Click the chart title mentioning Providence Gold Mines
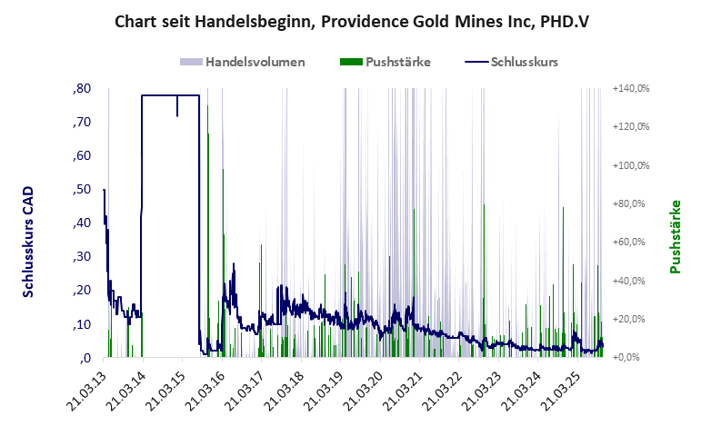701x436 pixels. click(x=350, y=19)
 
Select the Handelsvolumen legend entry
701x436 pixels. click(x=242, y=63)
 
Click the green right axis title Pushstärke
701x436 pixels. click(x=675, y=237)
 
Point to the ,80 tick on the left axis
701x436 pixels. click(x=81, y=89)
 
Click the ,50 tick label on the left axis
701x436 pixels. click(x=81, y=190)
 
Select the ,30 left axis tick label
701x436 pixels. click(x=81, y=257)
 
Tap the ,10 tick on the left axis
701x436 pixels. click(x=81, y=324)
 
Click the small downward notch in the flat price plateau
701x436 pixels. click(x=177, y=109)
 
